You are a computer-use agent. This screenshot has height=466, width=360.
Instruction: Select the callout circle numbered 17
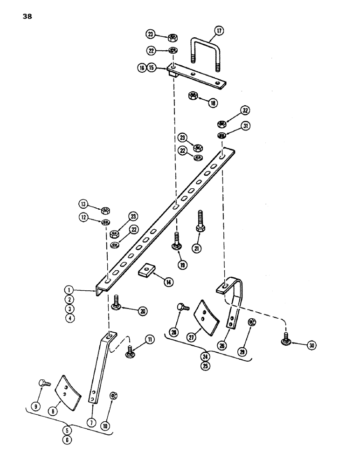[219, 31]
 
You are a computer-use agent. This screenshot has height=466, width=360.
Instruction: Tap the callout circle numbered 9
[35, 405]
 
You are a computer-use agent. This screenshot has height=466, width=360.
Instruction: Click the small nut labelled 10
[113, 396]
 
